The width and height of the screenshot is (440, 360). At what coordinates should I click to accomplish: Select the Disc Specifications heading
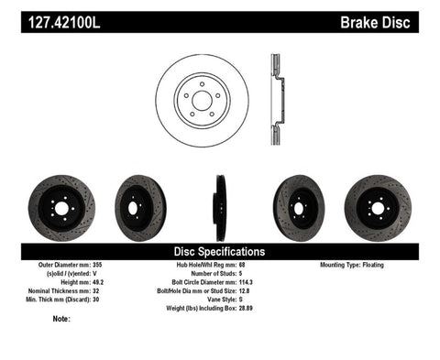click(x=220, y=251)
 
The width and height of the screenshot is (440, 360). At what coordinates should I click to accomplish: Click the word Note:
click(x=61, y=319)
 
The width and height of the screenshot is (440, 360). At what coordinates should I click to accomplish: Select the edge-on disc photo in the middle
click(x=220, y=205)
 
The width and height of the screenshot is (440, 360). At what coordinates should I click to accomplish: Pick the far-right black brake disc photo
click(x=379, y=205)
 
